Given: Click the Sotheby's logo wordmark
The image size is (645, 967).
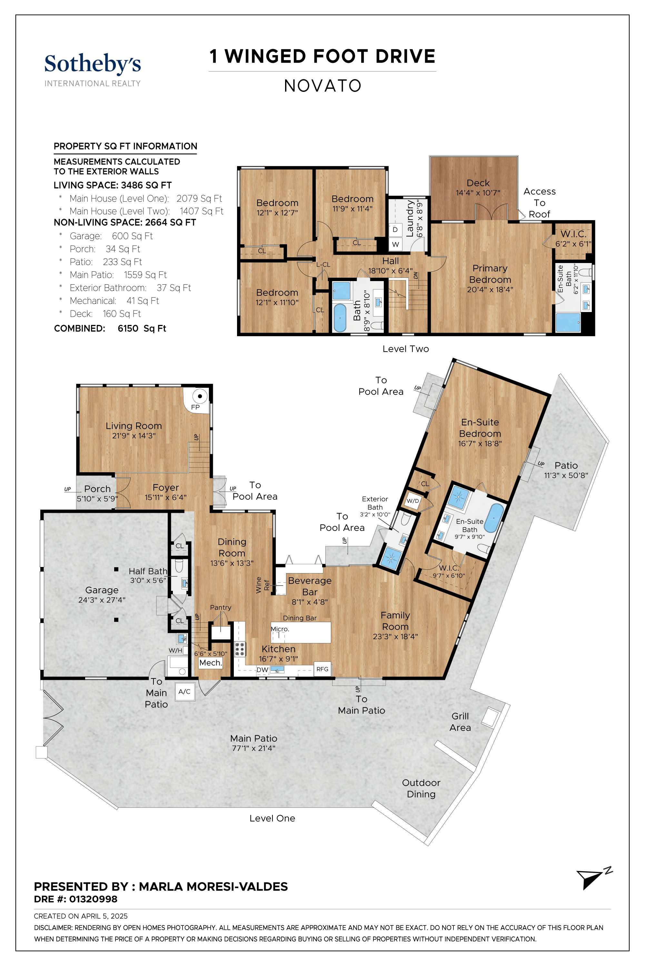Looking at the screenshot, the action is coord(93,64).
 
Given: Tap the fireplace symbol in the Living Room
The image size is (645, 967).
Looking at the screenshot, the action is coord(200,396).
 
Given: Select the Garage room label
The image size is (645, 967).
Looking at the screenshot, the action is coord(102,590).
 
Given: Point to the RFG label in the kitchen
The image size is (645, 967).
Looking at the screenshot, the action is coord(322,669).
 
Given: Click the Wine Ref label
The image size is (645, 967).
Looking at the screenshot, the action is coord(263,585).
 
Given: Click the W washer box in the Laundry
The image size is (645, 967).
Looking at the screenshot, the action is coord(395,244).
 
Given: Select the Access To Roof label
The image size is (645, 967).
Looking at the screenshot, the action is coord(539,203).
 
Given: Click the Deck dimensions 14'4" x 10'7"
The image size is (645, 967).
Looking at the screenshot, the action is coord(478,193).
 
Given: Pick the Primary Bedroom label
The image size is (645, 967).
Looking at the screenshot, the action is coord(490,274).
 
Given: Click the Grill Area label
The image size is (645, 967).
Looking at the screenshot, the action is coord(460,722).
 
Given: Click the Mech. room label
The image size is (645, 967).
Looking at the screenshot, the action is coord(211,663).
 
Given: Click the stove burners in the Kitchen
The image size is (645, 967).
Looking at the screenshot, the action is coord(240,649).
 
